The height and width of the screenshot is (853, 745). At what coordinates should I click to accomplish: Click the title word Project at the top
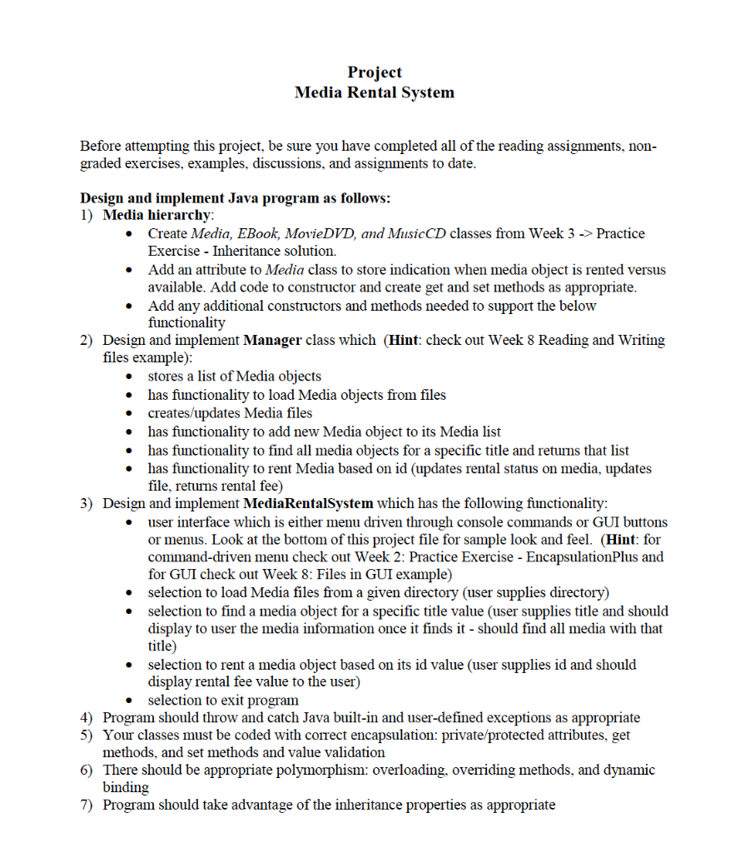click(375, 72)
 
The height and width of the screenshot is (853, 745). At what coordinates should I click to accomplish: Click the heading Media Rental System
click(375, 92)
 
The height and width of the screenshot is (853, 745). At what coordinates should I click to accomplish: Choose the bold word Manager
click(272, 340)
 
